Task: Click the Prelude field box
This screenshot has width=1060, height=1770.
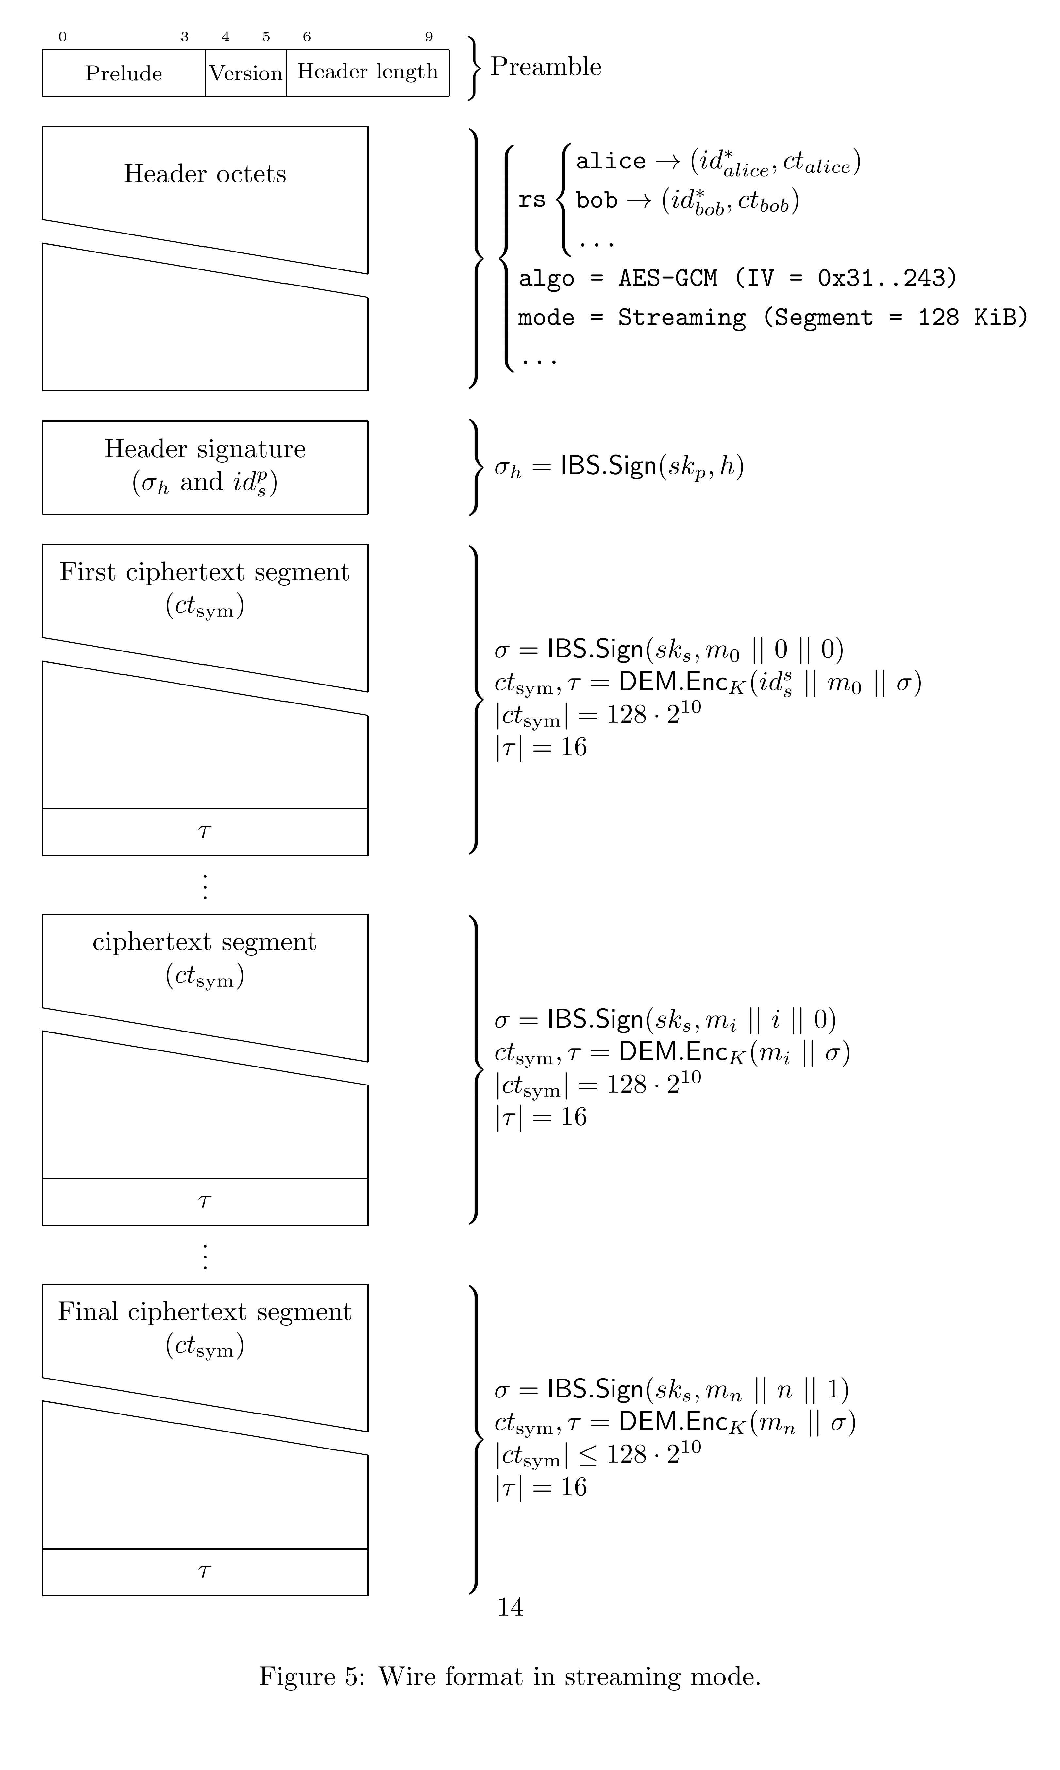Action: click(x=124, y=73)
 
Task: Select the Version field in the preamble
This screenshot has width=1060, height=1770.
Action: click(x=246, y=73)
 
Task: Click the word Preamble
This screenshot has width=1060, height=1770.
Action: click(x=546, y=66)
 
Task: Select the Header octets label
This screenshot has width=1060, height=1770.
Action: click(x=205, y=174)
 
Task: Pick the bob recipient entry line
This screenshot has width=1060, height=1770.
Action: click(x=687, y=201)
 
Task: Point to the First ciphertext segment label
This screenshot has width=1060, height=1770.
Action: click(x=205, y=572)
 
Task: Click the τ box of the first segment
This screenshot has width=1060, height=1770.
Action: click(x=205, y=832)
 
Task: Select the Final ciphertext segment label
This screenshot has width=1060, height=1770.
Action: click(x=205, y=1312)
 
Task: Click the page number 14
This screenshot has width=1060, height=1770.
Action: click(x=510, y=1607)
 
